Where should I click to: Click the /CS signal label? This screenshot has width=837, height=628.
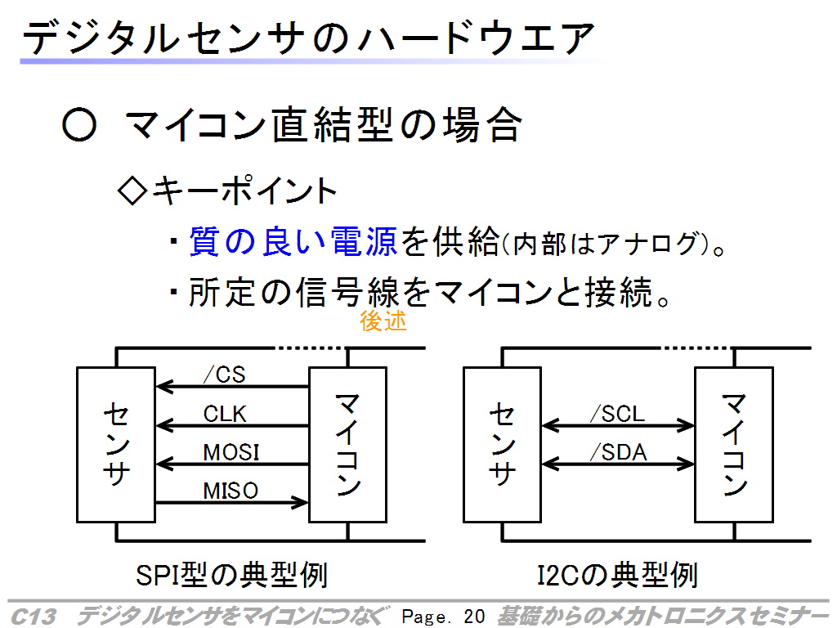224,375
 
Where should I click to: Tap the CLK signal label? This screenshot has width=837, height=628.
225,414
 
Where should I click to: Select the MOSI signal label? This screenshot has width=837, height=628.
231,453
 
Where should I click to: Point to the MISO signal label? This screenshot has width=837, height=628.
231,491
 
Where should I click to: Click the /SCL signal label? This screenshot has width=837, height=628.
618,414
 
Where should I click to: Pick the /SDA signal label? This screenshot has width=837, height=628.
618,453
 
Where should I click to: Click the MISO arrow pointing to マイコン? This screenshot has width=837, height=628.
231,502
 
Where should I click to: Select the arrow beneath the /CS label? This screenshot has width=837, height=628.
232,386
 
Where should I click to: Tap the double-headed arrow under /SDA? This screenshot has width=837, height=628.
618,464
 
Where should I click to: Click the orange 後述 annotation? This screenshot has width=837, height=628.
383,321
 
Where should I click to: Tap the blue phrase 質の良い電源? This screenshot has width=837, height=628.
293,241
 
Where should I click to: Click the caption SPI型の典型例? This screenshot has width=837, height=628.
231,575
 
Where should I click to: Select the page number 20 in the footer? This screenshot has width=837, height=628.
474,617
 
